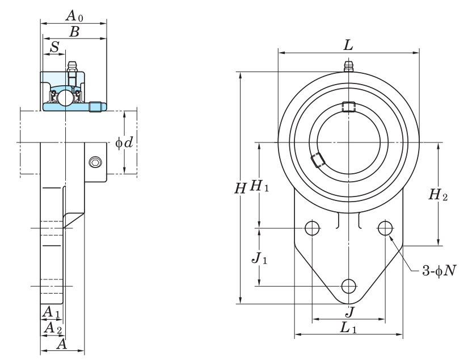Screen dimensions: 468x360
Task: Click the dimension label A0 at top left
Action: (75, 15)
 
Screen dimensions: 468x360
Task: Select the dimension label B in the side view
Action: (75, 32)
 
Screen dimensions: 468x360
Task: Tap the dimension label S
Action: (55, 47)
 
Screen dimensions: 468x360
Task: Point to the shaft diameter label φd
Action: (124, 143)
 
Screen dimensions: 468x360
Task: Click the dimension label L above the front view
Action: (349, 45)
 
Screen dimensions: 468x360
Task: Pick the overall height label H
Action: (241, 189)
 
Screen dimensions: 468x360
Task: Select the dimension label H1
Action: (259, 186)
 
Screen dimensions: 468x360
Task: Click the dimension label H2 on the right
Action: (438, 195)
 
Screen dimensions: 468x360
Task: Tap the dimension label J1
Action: (260, 258)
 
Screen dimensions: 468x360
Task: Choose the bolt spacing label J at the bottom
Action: (350, 312)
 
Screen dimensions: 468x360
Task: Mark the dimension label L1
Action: (348, 328)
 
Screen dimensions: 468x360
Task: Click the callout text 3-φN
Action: (439, 271)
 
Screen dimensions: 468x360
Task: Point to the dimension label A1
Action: (51, 312)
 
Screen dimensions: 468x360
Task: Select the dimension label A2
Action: (53, 328)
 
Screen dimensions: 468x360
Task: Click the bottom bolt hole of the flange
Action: (348, 286)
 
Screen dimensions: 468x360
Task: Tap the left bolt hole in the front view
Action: (312, 228)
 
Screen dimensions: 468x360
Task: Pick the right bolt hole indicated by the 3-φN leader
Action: (385, 228)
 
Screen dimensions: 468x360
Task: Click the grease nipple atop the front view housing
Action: (348, 66)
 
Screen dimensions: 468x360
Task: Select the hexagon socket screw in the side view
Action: (95, 162)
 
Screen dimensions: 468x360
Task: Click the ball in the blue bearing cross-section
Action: (65, 98)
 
